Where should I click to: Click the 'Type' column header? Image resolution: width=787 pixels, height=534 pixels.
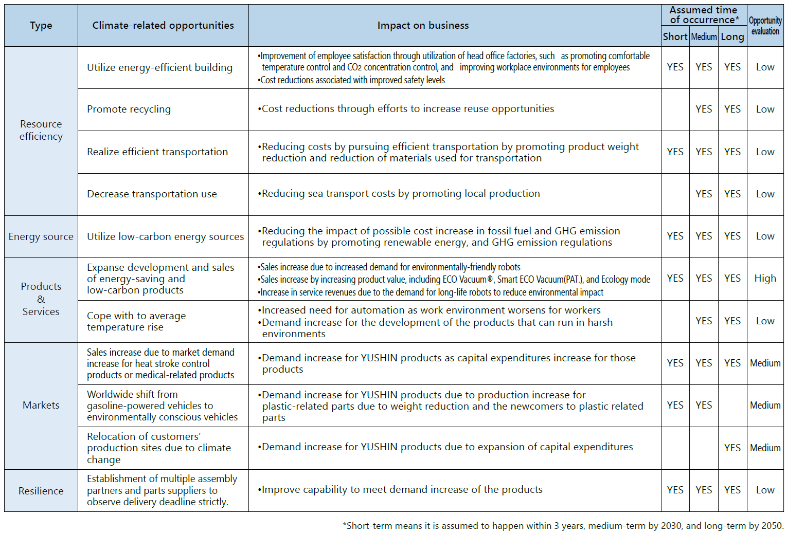tap(41, 26)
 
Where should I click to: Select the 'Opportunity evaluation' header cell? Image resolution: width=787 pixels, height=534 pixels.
tap(765, 26)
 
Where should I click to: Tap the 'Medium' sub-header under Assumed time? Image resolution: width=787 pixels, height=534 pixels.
tap(704, 37)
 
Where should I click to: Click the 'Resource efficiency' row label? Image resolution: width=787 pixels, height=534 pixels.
tap(41, 131)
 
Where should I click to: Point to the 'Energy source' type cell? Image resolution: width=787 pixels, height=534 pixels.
tap(41, 237)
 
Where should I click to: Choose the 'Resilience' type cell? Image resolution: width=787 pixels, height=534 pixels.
tap(41, 491)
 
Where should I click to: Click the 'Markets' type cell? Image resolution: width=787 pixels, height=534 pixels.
tap(41, 406)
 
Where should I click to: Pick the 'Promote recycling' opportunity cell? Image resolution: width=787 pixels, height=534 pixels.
tap(129, 109)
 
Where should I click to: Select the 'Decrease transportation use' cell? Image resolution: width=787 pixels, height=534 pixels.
tap(152, 194)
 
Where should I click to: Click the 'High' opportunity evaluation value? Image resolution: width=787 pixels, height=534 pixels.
tap(765, 279)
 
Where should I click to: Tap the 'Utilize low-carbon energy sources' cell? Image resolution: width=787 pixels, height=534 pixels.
tap(165, 237)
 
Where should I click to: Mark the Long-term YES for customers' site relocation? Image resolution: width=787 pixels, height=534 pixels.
tap(732, 448)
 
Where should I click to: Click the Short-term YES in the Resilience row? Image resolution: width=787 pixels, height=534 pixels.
tap(675, 490)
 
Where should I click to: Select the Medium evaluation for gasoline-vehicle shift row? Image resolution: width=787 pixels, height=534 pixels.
tap(765, 406)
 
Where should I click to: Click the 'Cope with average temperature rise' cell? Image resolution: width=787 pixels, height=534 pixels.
tap(136, 322)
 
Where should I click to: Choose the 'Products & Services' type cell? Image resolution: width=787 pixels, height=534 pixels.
tap(41, 299)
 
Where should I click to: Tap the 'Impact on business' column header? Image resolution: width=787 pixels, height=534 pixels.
tap(423, 26)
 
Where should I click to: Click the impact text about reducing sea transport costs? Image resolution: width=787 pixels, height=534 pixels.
tap(401, 194)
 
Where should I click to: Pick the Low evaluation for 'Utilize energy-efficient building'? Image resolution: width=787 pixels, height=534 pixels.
tap(765, 67)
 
